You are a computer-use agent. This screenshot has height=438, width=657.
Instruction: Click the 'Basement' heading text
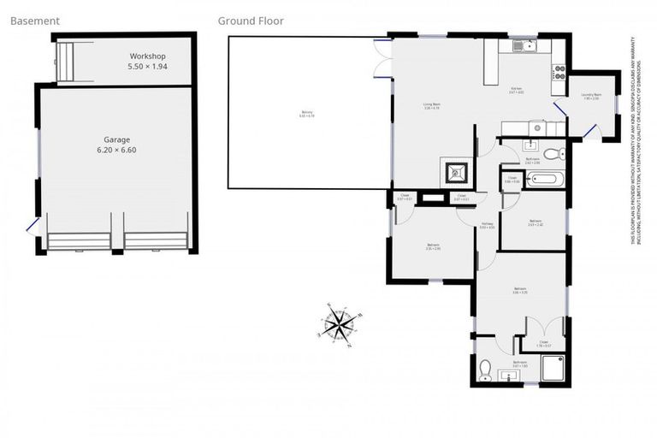[x=35, y=21]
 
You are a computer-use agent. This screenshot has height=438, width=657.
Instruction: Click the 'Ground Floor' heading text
[x=251, y=21]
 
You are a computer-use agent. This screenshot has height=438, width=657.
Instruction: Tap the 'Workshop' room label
[x=147, y=56]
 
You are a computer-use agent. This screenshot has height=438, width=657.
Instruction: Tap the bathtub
[x=544, y=180]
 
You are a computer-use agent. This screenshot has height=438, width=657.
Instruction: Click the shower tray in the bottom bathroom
[x=553, y=369]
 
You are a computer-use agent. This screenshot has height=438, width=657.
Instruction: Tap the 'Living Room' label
[x=431, y=106]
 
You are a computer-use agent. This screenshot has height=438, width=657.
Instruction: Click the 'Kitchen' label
[x=517, y=89]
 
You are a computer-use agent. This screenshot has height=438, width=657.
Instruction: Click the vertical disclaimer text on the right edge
[x=637, y=141]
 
